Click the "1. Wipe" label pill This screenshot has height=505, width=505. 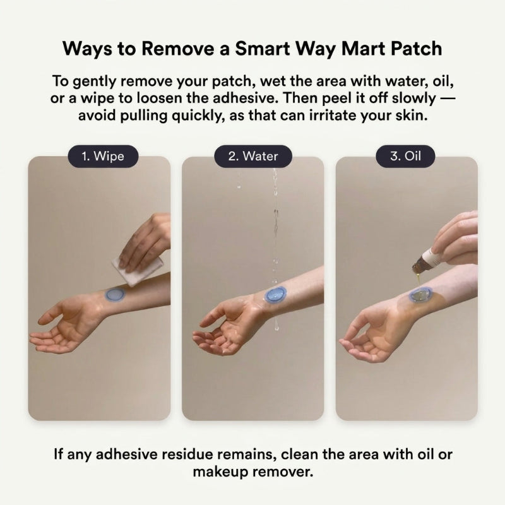point(103,156)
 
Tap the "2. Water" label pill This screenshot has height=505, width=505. point(253,156)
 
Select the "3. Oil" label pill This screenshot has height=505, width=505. point(405,156)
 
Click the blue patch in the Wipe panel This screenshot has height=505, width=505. point(116,294)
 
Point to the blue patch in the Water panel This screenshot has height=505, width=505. point(275,295)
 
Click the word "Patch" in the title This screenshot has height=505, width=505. point(416,49)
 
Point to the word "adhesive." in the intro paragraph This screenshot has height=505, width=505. point(246,98)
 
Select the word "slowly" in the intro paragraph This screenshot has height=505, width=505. point(414,98)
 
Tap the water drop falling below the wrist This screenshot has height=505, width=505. point(276,324)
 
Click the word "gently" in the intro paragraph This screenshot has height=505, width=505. point(94,81)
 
